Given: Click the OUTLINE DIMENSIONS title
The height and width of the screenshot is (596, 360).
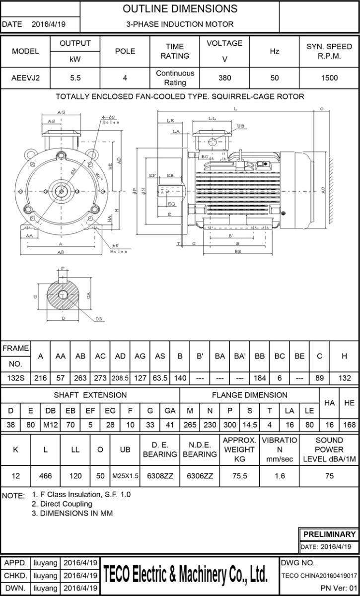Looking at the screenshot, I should [180, 9].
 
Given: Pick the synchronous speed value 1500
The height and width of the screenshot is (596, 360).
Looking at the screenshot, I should [329, 78].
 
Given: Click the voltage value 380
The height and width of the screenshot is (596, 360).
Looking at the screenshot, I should [224, 78].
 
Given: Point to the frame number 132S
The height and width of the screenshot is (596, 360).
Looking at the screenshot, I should [15, 378].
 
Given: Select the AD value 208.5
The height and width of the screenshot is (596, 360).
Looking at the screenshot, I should [120, 378].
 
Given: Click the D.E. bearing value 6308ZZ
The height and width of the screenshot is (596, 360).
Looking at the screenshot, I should [160, 476].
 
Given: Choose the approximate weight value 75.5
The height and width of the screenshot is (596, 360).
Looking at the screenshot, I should [239, 476].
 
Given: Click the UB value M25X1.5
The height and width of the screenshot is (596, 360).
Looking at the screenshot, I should [125, 476].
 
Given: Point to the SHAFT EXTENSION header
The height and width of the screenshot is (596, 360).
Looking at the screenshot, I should [90, 395].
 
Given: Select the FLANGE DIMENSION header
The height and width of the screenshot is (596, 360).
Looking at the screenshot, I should [249, 395].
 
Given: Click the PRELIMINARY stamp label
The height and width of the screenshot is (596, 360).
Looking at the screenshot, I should [329, 534].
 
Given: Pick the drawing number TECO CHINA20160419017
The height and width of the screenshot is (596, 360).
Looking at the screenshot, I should [319, 576].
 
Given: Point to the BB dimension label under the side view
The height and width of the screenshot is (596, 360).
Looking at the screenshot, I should [238, 252].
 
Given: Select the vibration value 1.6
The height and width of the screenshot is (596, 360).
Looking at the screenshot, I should [280, 476].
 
